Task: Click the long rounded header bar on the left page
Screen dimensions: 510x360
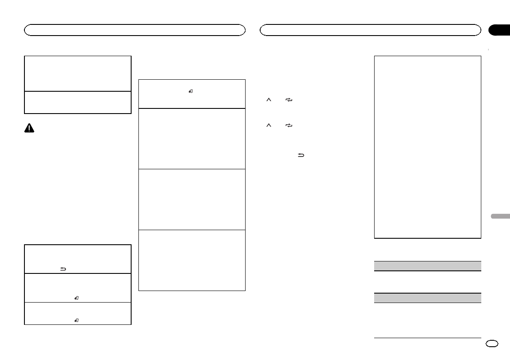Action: click(135, 30)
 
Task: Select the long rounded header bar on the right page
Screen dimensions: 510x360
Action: click(371, 30)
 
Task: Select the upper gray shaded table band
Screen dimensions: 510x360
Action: click(427, 266)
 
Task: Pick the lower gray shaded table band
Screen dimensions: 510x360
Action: click(427, 298)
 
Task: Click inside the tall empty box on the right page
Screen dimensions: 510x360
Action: click(427, 147)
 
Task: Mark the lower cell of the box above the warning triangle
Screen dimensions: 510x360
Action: click(78, 102)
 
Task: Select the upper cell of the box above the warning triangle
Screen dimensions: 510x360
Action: click(78, 73)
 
